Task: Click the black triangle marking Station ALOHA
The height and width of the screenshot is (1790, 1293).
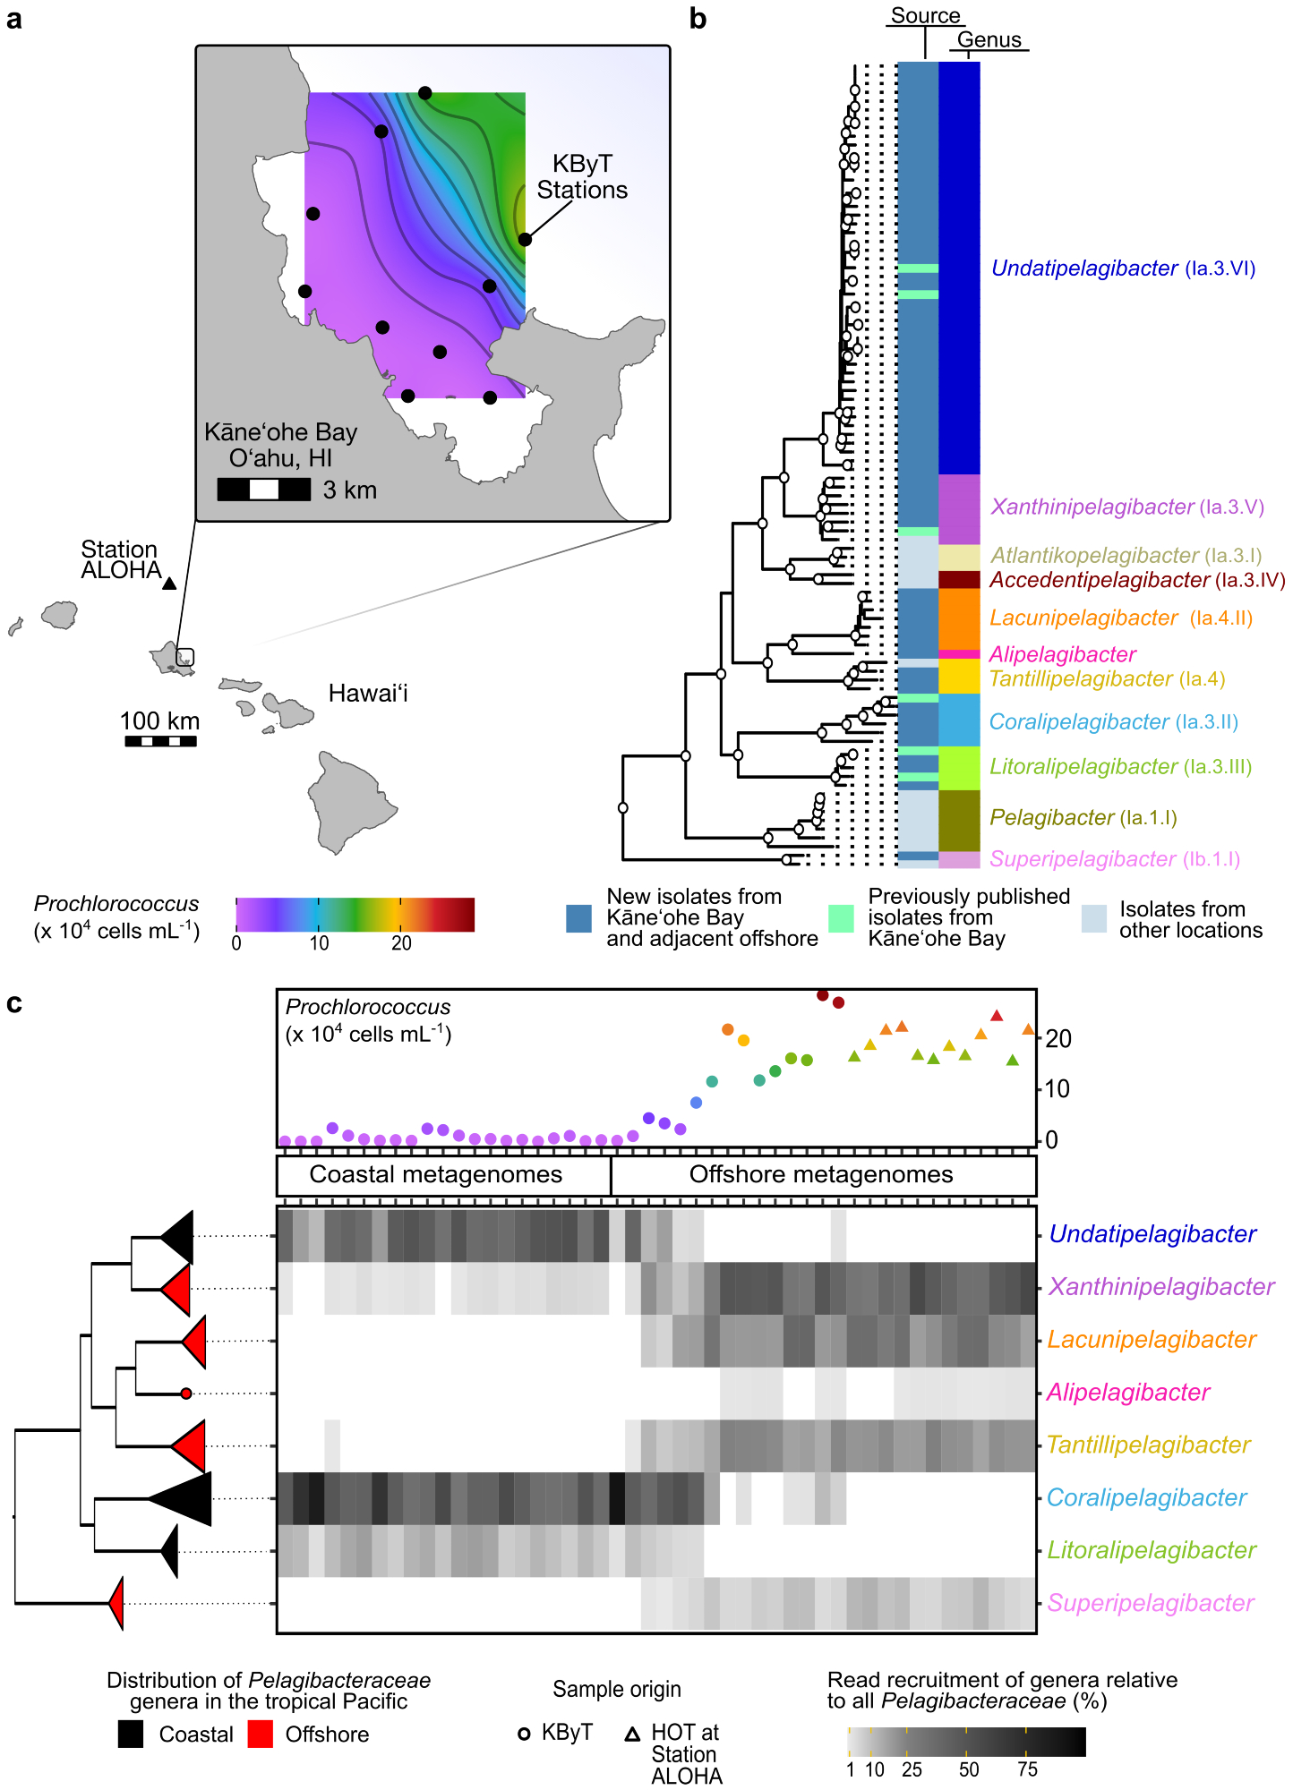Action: (169, 584)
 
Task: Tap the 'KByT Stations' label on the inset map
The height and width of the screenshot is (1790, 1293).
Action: (582, 177)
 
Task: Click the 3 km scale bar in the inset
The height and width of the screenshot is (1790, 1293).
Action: (263, 490)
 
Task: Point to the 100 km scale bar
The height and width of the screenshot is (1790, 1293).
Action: (160, 741)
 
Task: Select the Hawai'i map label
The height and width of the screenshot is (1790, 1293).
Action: (368, 694)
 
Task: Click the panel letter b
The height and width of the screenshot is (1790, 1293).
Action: (698, 19)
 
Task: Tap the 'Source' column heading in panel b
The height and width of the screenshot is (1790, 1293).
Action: (925, 16)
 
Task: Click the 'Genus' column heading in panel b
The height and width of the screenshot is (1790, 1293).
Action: (989, 39)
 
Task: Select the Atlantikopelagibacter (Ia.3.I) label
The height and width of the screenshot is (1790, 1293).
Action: (1126, 555)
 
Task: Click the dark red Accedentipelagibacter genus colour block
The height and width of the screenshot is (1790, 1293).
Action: (959, 579)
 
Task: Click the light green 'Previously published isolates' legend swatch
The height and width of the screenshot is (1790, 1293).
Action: (842, 918)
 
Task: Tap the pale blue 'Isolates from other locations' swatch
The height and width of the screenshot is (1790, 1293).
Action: (1094, 918)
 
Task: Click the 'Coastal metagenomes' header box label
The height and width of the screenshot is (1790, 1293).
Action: (436, 1174)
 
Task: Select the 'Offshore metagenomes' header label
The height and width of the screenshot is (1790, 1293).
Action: (821, 1174)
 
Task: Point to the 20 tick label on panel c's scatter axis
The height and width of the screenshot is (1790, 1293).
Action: (1058, 1039)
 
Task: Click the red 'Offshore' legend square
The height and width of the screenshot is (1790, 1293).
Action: (261, 1734)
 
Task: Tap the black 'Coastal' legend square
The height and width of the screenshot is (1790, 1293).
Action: (131, 1734)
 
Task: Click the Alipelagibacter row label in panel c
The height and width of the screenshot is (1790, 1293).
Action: (1128, 1393)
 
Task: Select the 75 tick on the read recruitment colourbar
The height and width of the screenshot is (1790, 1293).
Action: (1027, 1769)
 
